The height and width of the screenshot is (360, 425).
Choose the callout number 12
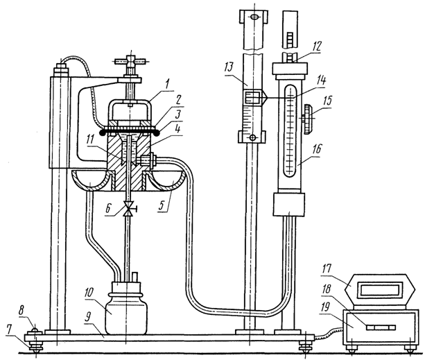click(x=316, y=46)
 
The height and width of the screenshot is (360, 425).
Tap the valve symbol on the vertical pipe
click(x=128, y=209)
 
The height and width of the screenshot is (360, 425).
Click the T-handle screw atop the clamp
click(x=129, y=64)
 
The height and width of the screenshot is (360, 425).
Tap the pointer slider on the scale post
click(x=252, y=97)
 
